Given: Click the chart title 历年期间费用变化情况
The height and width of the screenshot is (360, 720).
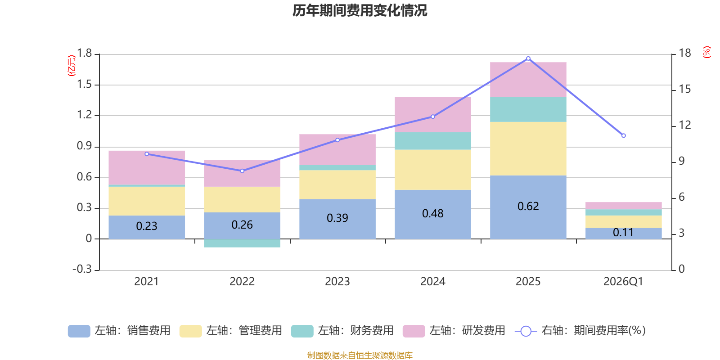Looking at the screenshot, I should pyautogui.click(x=360, y=10).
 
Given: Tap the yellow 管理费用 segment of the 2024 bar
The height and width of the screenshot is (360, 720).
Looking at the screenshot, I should pyautogui.click(x=432, y=170).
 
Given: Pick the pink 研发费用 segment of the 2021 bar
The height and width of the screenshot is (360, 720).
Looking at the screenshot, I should pyautogui.click(x=147, y=167).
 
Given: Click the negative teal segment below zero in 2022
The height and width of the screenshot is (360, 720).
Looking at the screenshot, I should pyautogui.click(x=242, y=243).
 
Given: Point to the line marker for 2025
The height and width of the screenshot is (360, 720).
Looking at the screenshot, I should pyautogui.click(x=528, y=58).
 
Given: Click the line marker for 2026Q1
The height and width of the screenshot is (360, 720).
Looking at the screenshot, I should pyautogui.click(x=623, y=135).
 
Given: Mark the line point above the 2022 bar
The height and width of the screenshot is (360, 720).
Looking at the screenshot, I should pyautogui.click(x=242, y=171).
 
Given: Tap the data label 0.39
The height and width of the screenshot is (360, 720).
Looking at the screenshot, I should pyautogui.click(x=337, y=218).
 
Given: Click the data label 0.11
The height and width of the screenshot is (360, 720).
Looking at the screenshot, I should pyautogui.click(x=623, y=233).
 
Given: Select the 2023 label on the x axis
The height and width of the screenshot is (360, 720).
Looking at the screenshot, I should pyautogui.click(x=337, y=282).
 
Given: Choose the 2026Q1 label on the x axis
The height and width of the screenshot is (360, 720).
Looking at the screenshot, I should pyautogui.click(x=623, y=282).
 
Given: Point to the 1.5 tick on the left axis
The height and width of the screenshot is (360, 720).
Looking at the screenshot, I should pyautogui.click(x=84, y=85).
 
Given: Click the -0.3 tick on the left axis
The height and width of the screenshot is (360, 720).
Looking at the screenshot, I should pyautogui.click(x=82, y=269).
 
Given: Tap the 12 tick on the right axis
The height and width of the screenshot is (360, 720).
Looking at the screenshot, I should pyautogui.click(x=685, y=125).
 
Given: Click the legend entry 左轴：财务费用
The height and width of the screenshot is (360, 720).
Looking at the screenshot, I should pyautogui.click(x=342, y=331).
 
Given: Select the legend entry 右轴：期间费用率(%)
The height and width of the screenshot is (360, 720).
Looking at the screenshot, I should pyautogui.click(x=580, y=331).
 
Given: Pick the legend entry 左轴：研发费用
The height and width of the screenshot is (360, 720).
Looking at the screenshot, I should pyautogui.click(x=454, y=331).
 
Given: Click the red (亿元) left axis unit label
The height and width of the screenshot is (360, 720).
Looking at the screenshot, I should pyautogui.click(x=71, y=66).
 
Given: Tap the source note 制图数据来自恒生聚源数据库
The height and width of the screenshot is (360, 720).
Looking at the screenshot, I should pyautogui.click(x=360, y=355).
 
